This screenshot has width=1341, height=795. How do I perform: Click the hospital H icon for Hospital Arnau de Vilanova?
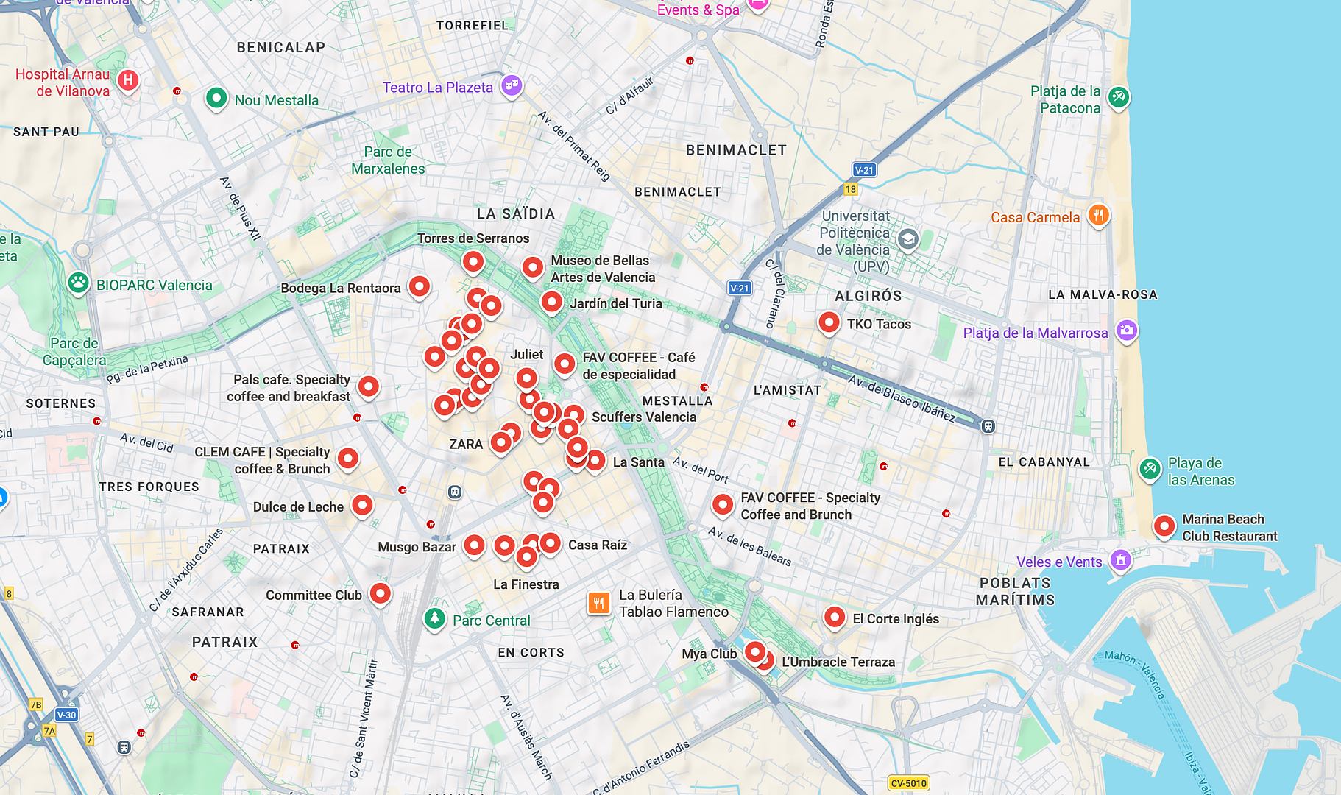pos(128,80)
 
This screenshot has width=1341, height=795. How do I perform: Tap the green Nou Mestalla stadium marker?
pos(216,98)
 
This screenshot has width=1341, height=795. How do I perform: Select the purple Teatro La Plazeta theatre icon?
pos(512,85)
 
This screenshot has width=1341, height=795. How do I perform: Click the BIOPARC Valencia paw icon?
pos(79,283)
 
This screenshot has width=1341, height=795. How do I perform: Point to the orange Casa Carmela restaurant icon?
pos(1098,215)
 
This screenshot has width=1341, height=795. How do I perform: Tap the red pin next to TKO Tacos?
pos(829,322)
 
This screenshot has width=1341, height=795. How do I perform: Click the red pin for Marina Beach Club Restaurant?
pos(1164,526)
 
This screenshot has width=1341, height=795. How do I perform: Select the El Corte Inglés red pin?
pos(835,617)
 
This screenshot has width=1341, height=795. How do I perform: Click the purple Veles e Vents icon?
pos(1120,560)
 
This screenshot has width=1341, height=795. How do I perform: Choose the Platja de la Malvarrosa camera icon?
pos(1127,331)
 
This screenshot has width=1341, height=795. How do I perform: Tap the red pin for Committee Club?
pos(380,593)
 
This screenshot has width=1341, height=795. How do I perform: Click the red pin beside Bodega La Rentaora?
pos(420,286)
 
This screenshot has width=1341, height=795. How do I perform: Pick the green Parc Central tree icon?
pos(435,618)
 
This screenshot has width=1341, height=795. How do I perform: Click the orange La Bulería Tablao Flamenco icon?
pos(599,604)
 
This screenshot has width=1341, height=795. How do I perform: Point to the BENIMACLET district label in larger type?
pos(736,150)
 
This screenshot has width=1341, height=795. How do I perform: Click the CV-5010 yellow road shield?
pos(908,783)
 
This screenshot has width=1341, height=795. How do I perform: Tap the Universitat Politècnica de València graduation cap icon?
pos(908,239)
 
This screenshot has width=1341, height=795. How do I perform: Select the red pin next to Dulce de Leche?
pos(362,505)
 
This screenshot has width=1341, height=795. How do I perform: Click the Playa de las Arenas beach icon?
pos(1150,468)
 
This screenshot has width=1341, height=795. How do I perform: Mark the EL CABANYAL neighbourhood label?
pos(1044,462)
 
